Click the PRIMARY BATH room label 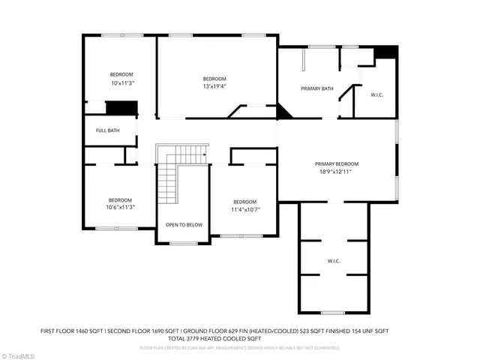coord(317,88)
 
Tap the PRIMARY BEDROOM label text coord(336,163)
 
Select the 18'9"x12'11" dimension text coord(336,171)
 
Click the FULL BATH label coord(107,130)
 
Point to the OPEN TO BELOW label coord(184,224)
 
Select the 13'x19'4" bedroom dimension coord(214,86)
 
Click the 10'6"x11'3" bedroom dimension coord(121,207)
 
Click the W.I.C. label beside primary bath coord(377,94)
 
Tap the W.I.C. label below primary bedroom coord(334,261)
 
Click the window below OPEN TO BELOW coord(183,243)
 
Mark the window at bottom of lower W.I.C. coord(334,312)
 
